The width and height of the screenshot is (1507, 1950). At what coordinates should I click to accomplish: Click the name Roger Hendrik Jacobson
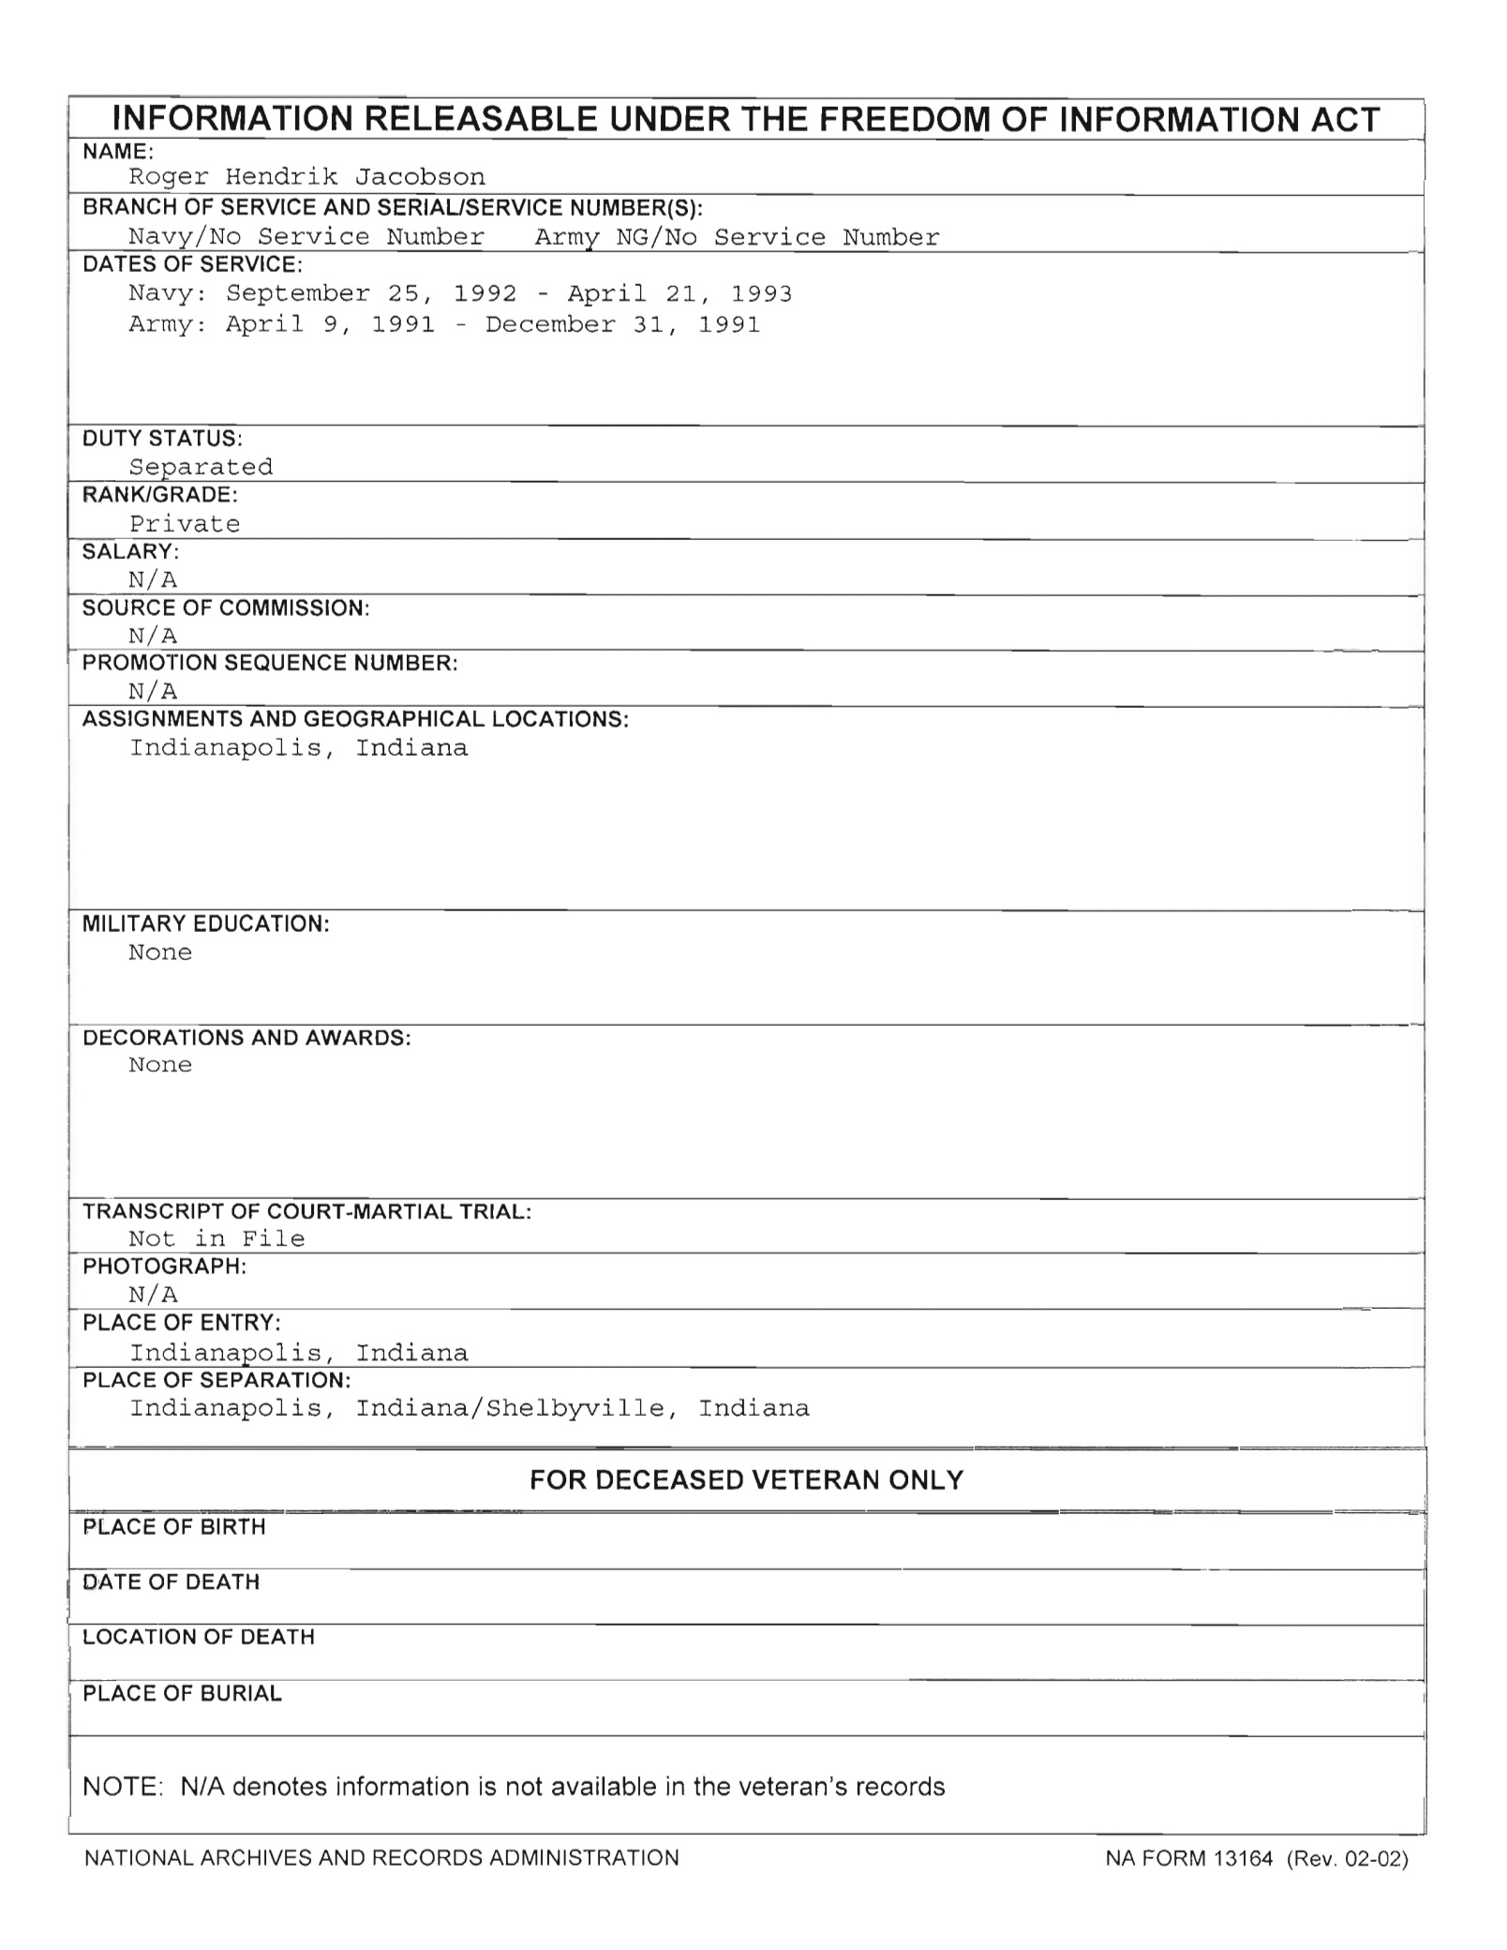point(306,177)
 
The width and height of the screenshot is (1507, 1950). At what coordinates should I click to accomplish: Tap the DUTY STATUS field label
point(162,438)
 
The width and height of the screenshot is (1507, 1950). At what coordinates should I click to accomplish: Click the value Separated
point(201,467)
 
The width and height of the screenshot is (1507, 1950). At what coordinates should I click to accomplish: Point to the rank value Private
point(185,523)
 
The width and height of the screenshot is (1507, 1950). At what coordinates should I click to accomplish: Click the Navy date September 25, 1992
point(371,293)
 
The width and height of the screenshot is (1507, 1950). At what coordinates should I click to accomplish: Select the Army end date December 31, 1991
point(622,324)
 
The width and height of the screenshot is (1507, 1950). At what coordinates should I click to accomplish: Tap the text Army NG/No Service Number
point(737,237)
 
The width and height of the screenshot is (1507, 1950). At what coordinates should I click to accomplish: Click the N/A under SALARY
point(153,579)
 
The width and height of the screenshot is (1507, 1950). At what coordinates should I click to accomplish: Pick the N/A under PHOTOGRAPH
point(153,1295)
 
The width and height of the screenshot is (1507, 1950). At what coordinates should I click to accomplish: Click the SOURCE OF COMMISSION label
point(226,607)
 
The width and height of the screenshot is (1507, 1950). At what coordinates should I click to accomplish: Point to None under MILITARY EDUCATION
point(160,952)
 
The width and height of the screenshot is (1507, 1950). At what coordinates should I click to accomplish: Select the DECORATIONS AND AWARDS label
point(246,1038)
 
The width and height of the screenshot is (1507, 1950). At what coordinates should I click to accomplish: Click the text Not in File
point(216,1238)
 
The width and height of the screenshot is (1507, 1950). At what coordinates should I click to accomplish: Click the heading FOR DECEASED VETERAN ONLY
point(746,1479)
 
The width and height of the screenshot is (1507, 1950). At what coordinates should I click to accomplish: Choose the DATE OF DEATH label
point(171,1582)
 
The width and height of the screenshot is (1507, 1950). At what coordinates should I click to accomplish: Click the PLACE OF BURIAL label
point(182,1693)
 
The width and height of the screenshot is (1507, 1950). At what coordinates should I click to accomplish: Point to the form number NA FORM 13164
point(1188,1857)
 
